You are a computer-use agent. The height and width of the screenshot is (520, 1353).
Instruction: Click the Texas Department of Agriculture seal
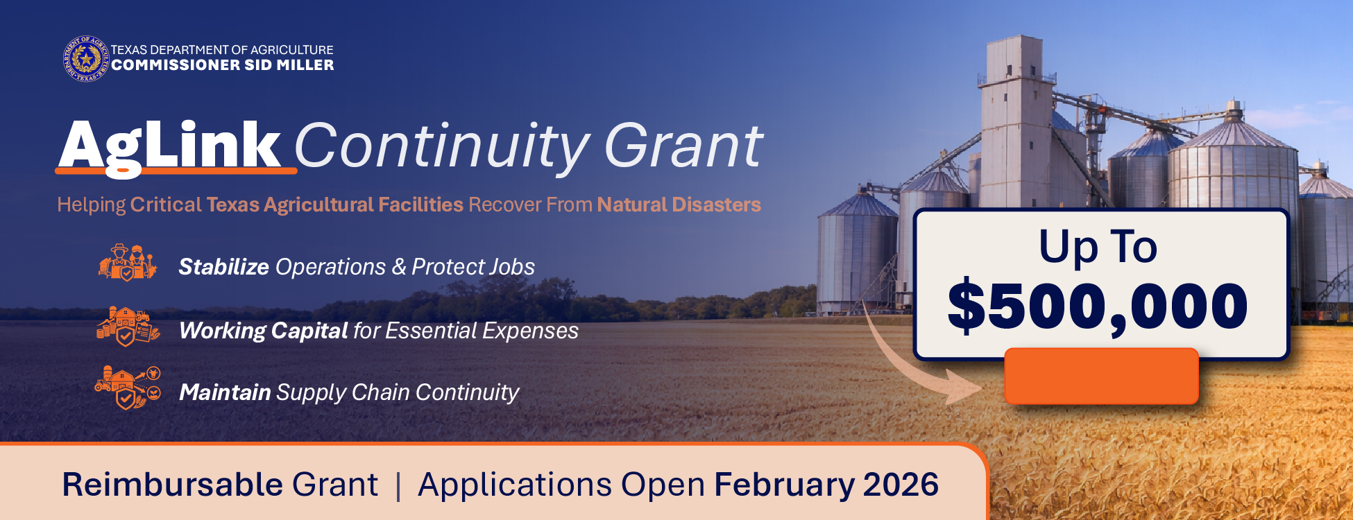[x=86, y=59]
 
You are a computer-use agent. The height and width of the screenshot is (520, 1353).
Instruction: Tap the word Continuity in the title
[x=442, y=147]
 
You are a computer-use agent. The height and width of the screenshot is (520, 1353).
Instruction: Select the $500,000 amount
[x=1098, y=306]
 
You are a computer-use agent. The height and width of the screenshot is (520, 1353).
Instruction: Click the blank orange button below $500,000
[x=1101, y=376]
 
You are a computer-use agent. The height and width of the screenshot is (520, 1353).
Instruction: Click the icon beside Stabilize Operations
[x=128, y=263]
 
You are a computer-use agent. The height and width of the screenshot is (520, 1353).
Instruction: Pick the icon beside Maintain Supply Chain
[x=128, y=388]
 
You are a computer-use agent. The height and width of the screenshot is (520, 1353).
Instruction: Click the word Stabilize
[x=223, y=267]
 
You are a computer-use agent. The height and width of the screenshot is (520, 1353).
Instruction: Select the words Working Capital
[x=263, y=331]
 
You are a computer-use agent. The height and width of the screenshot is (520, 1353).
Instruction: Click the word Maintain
[x=224, y=392]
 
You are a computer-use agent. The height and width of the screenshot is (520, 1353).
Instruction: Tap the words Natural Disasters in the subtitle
[x=679, y=205]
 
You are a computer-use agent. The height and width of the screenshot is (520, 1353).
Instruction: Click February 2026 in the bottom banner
[x=826, y=485]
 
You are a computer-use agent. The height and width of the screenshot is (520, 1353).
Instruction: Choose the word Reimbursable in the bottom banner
[x=172, y=485]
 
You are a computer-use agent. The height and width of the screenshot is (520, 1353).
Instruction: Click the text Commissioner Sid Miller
[x=222, y=65]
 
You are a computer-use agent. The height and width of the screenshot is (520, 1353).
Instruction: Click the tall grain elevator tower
[x=1015, y=118]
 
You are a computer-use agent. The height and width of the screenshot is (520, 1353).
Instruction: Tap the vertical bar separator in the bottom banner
[x=398, y=485]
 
